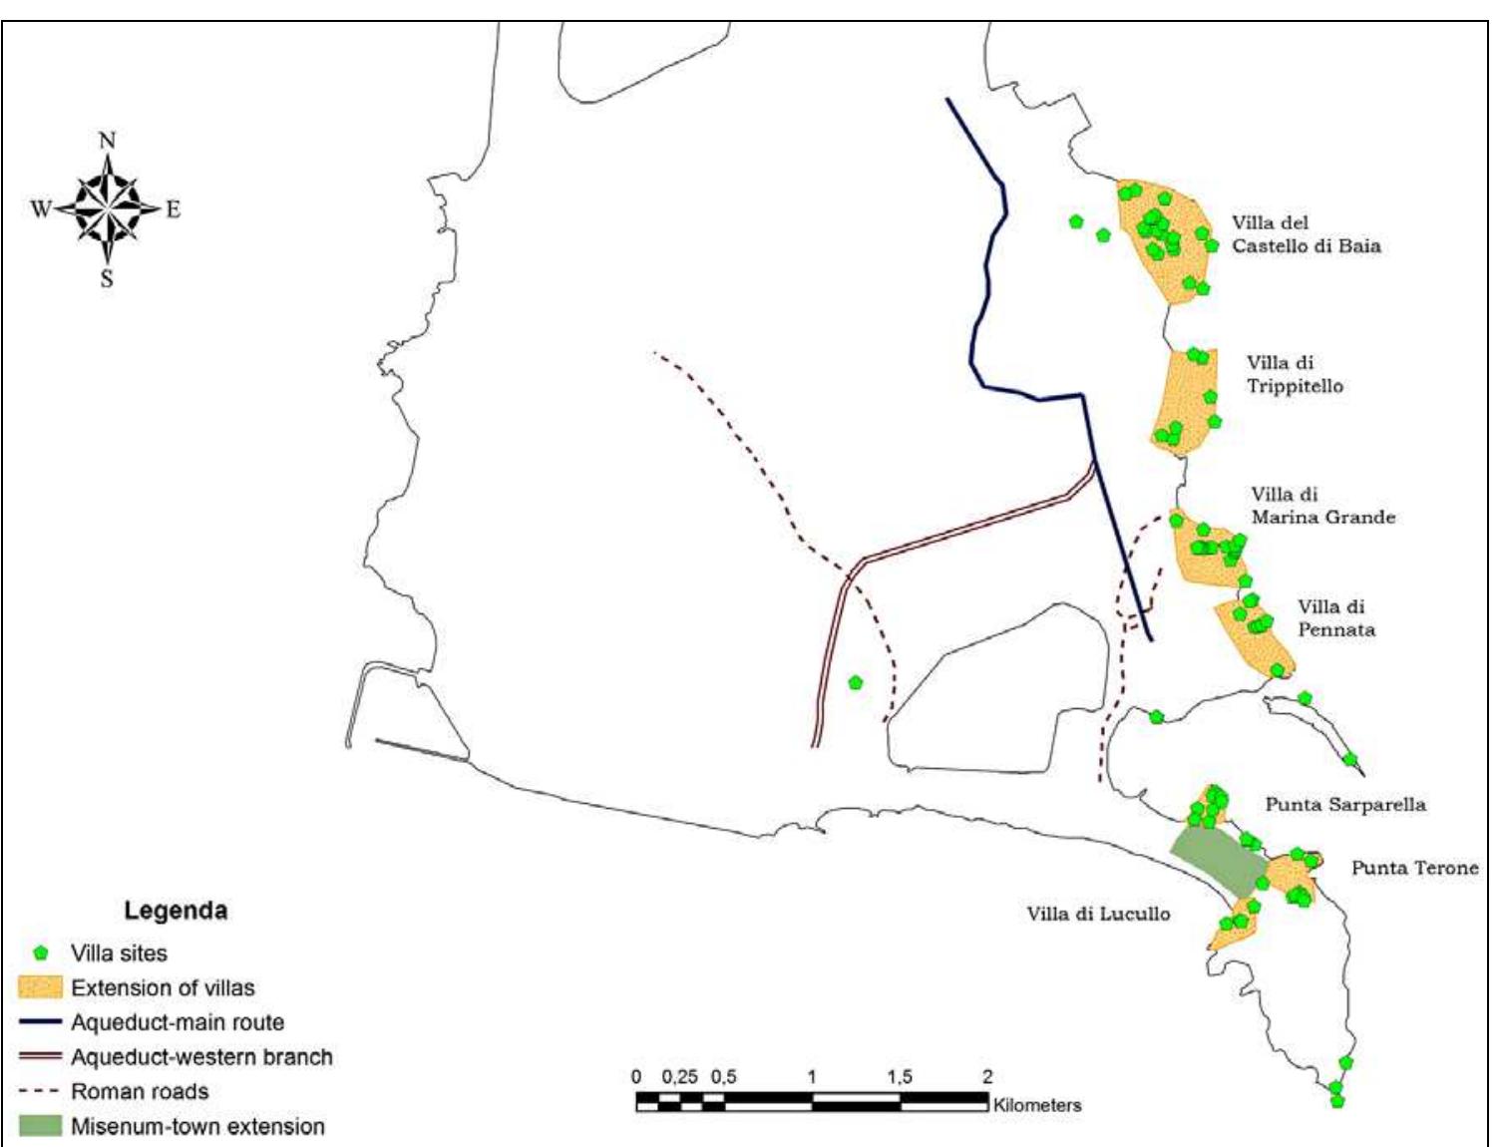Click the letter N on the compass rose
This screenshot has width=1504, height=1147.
[108, 141]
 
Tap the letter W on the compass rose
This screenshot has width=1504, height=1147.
[41, 209]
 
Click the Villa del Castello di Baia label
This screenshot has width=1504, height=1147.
[1306, 234]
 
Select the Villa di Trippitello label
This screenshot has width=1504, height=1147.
[1295, 375]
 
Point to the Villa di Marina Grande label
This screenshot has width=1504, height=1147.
[1322, 506]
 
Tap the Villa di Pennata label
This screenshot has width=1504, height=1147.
[1335, 618]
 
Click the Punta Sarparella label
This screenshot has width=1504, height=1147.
[1345, 804]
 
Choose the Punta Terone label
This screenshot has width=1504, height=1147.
[1414, 868]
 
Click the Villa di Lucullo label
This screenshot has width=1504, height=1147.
[1098, 914]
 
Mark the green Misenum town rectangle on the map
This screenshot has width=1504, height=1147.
[1217, 861]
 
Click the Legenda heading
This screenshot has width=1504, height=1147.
[176, 911]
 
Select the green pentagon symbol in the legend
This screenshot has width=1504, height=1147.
[41, 954]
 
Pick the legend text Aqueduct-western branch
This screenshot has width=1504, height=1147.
[201, 1057]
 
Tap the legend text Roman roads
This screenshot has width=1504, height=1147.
[140, 1091]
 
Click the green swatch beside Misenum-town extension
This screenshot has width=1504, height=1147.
[41, 1126]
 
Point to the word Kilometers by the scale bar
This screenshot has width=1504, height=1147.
[1037, 1105]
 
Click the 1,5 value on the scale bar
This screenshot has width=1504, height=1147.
[899, 1077]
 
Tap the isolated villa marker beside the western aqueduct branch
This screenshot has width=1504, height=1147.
[855, 683]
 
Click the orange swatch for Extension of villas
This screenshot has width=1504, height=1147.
[41, 987]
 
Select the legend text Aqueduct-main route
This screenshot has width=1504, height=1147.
[178, 1022]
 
